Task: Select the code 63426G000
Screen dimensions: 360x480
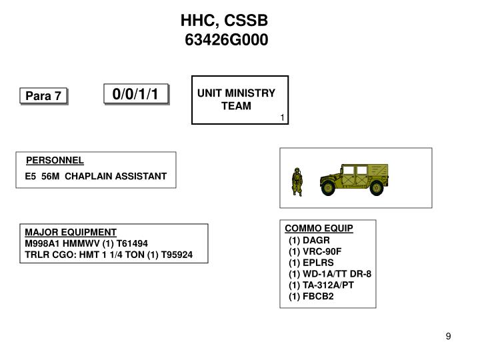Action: coord(226,41)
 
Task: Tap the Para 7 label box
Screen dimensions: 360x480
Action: coord(43,97)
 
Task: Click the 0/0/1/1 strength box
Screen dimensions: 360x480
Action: coord(135,94)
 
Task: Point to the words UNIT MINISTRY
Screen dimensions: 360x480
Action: coord(236,93)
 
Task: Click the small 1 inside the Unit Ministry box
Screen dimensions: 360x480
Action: coord(282,118)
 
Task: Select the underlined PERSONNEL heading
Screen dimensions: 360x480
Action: coord(55,160)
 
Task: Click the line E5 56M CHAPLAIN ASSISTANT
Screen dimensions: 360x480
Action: coord(95,176)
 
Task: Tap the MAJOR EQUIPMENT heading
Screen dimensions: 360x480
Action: coord(71,233)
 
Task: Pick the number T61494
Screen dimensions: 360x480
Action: coord(131,243)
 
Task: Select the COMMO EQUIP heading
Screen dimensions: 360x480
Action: coord(319,228)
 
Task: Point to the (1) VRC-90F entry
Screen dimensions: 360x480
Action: coord(315,251)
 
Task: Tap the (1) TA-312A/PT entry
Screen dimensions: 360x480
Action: coord(321,285)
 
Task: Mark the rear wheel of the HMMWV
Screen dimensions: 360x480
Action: coord(377,188)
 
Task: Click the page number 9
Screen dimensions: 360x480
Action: coord(449,336)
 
